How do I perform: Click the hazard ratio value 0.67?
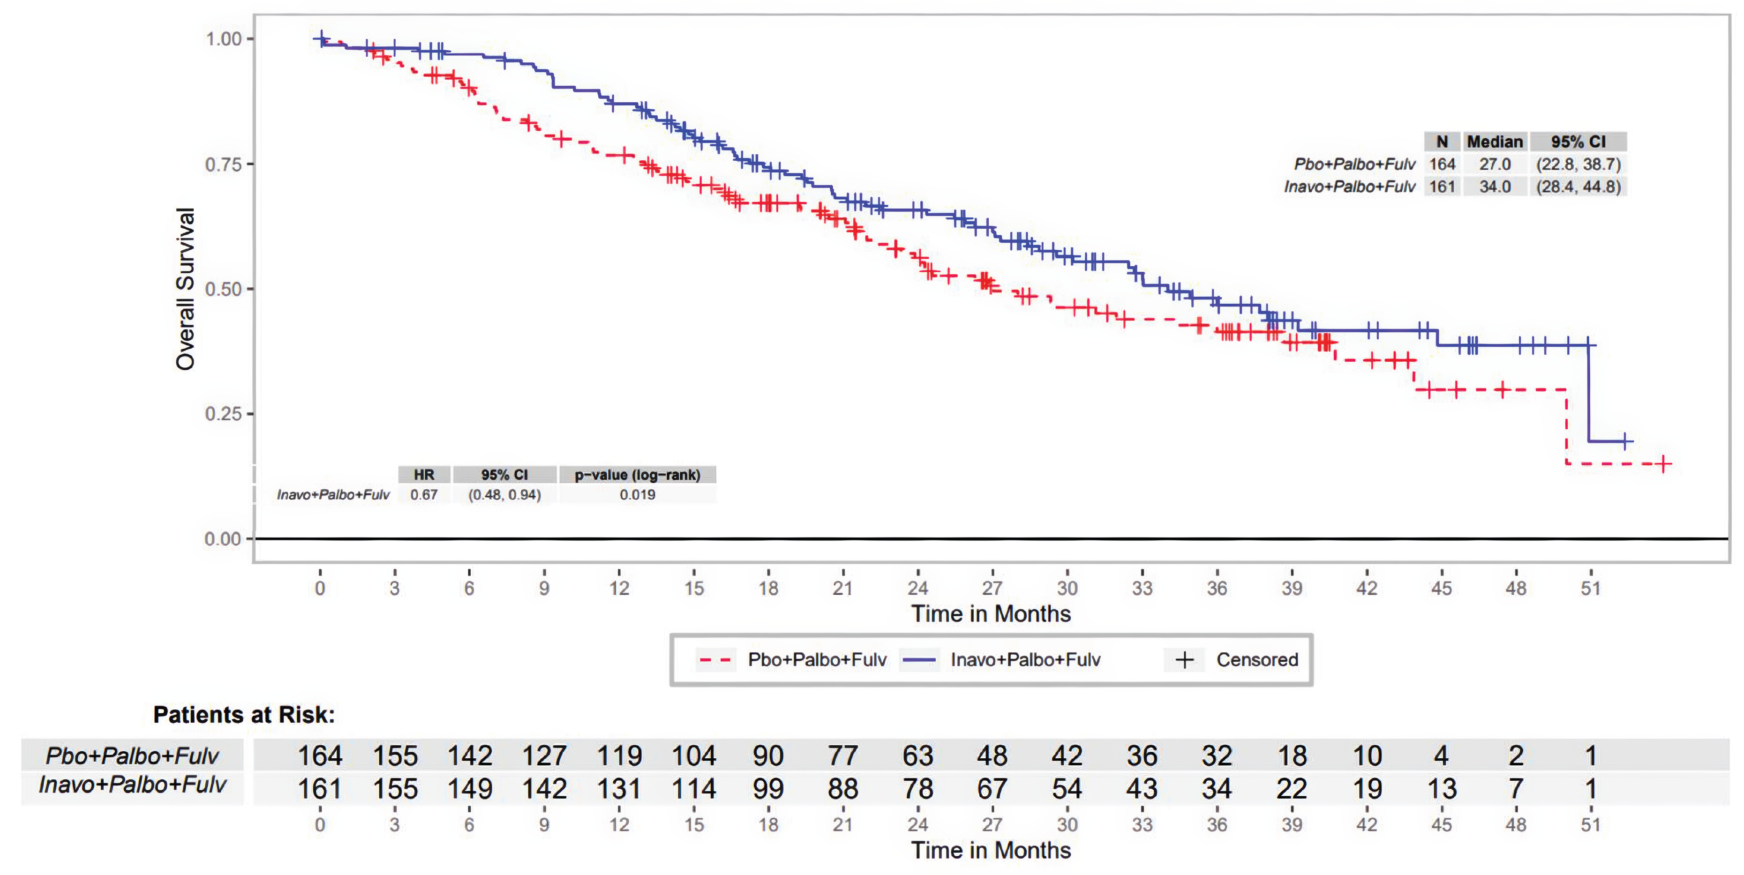[x=424, y=495]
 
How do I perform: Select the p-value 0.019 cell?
[x=637, y=495]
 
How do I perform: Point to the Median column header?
[x=1494, y=142]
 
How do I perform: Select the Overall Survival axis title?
[x=185, y=289]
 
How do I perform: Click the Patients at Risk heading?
[x=244, y=715]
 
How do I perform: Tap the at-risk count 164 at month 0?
[x=320, y=756]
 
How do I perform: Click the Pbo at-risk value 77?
[x=843, y=756]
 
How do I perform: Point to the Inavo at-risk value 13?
[x=1441, y=789]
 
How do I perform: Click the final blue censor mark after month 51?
[x=1625, y=441]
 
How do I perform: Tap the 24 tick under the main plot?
[x=917, y=588]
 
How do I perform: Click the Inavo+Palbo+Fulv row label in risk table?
[x=132, y=785]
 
